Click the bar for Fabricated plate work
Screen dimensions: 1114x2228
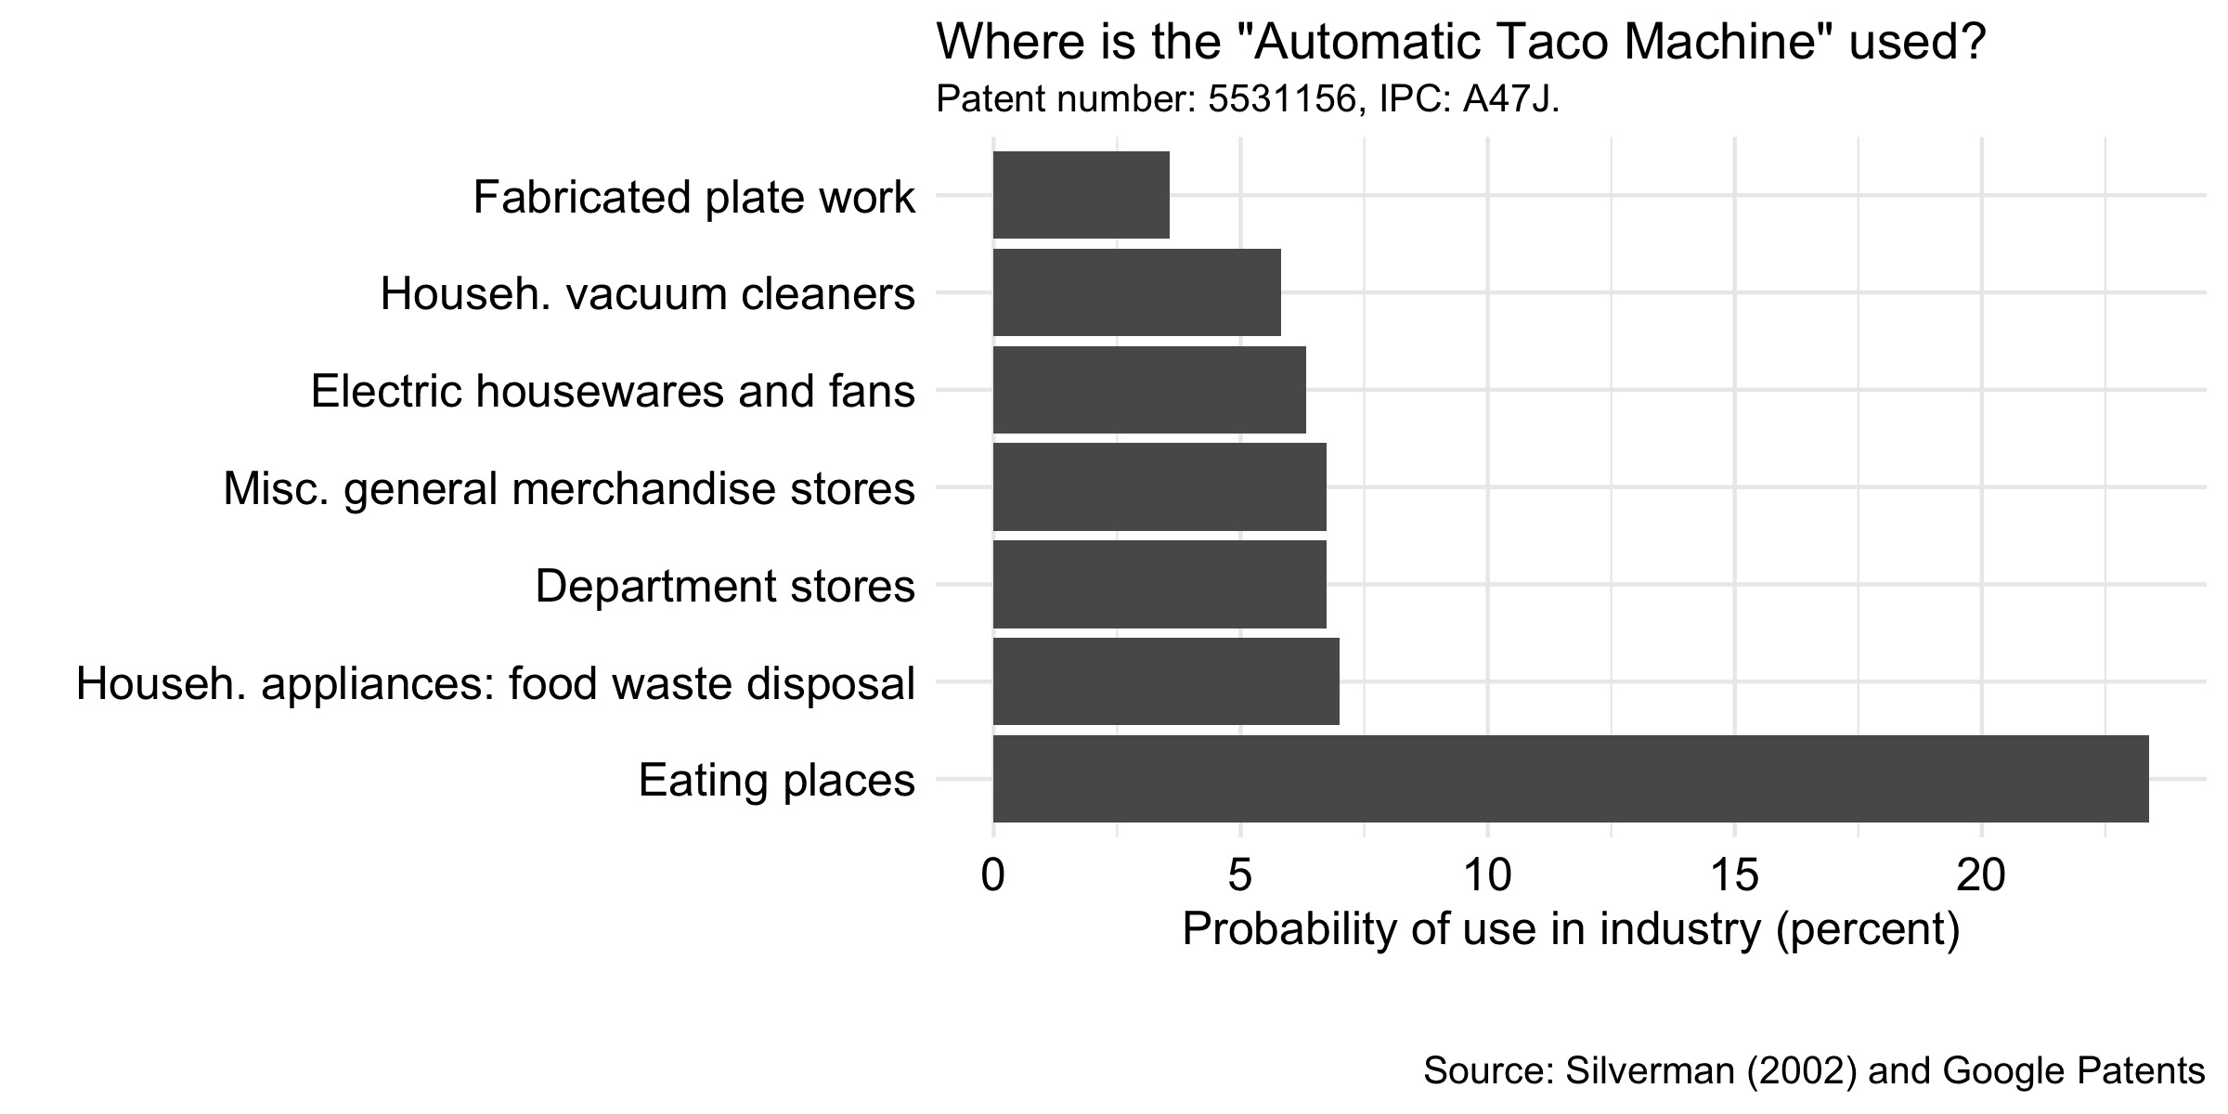[1081, 195]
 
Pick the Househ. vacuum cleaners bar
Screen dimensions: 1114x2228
[1136, 292]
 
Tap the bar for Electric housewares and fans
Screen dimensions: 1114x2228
[1149, 390]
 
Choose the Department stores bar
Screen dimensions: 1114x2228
[1159, 584]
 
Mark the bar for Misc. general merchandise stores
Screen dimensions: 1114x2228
[1159, 487]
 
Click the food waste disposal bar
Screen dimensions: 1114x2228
[1165, 681]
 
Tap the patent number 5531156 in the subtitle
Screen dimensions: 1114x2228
[1282, 99]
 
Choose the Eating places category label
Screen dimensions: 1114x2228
[776, 780]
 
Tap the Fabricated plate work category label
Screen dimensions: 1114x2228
[693, 197]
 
